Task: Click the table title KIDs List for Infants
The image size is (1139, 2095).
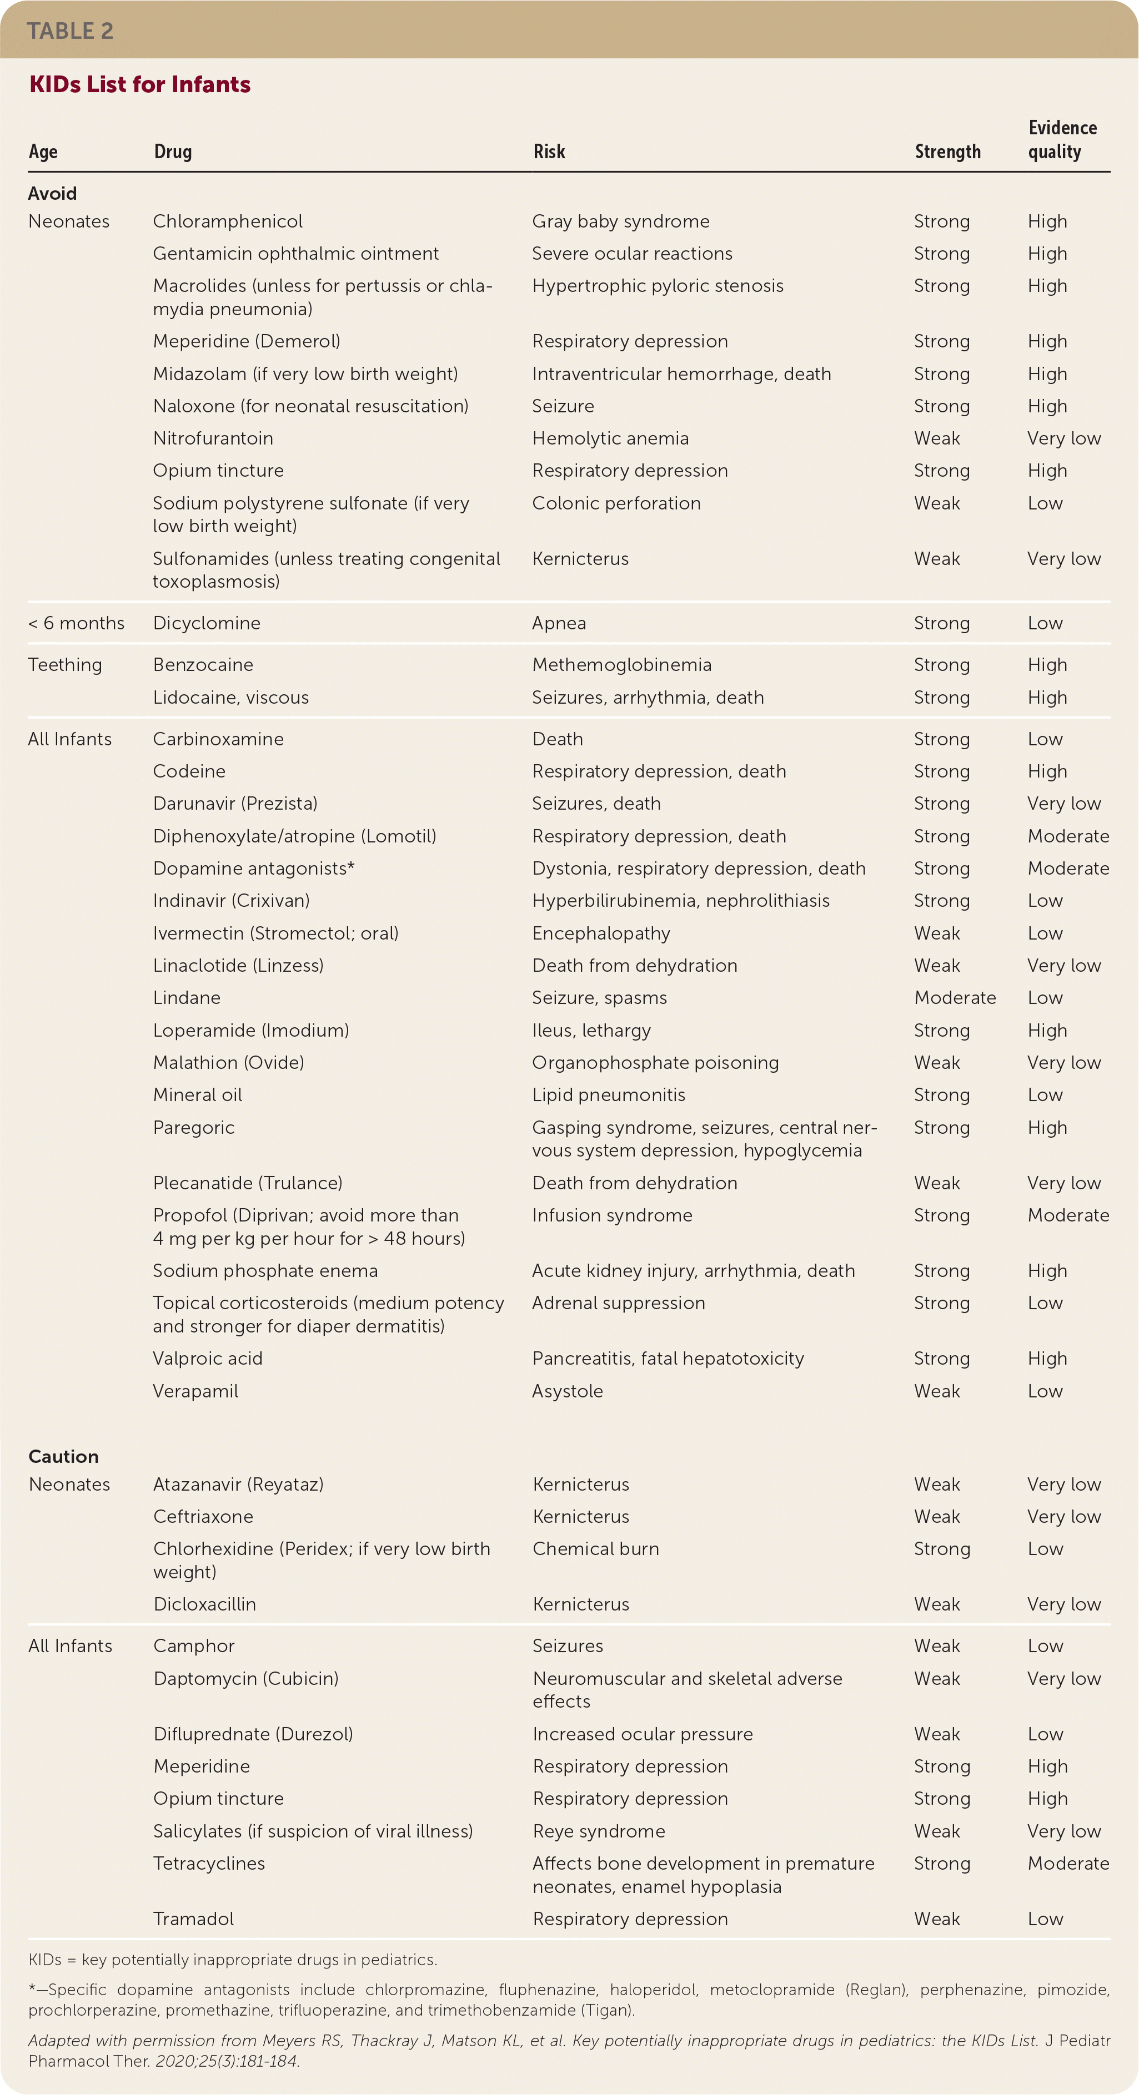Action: click(140, 84)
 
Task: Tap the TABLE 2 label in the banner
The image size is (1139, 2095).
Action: click(70, 31)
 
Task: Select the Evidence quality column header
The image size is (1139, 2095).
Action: click(1062, 140)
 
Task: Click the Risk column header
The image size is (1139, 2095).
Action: click(549, 152)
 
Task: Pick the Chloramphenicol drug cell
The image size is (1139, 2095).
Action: click(228, 222)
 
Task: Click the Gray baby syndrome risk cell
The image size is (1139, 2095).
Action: click(621, 222)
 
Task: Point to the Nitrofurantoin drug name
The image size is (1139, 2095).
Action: click(213, 438)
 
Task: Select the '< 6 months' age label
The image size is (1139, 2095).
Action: click(77, 624)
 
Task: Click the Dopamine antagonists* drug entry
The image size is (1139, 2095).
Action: click(254, 869)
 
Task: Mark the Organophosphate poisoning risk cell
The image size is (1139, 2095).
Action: click(655, 1063)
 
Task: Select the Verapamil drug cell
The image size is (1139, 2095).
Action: click(196, 1391)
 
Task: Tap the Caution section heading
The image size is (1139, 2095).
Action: click(63, 1457)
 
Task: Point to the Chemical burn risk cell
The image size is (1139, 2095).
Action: click(595, 1549)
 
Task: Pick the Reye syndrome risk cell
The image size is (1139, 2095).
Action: click(599, 1831)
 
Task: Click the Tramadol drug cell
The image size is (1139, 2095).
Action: click(194, 1919)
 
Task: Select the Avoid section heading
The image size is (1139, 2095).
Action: click(53, 194)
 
